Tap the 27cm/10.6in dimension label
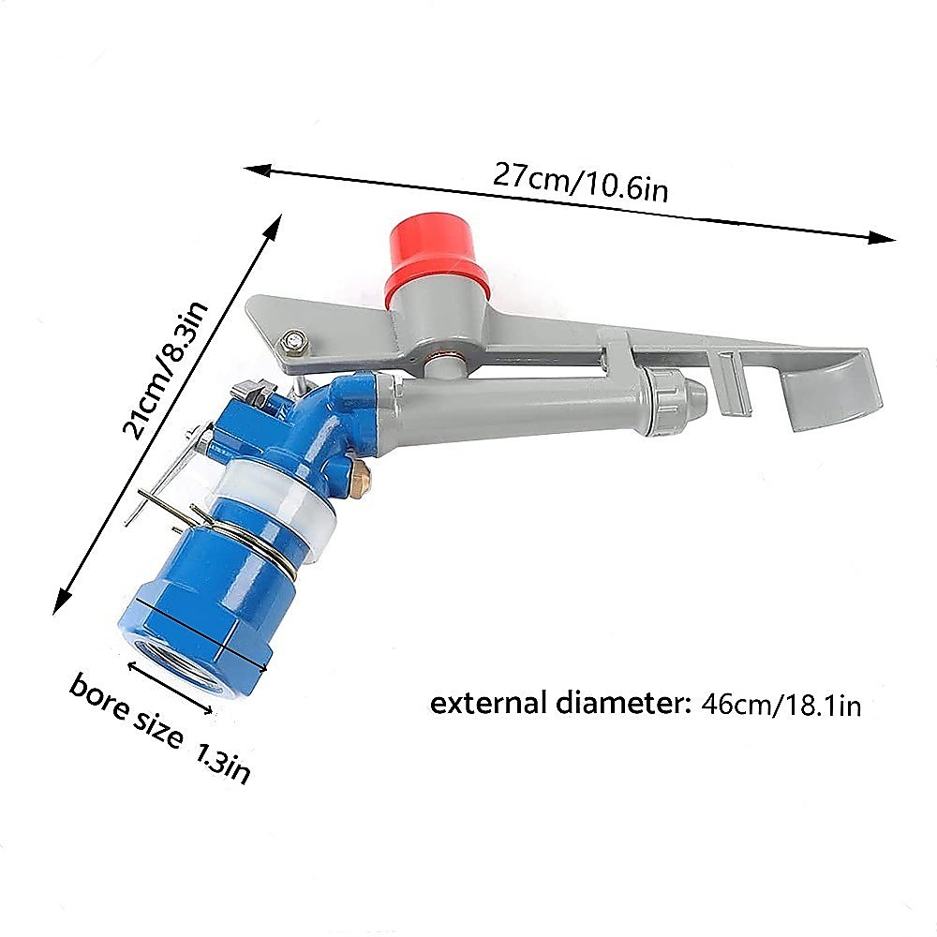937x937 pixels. pos(580,182)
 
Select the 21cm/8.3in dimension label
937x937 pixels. pos(165,370)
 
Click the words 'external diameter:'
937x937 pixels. pos(560,703)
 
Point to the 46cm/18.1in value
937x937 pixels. pos(781,706)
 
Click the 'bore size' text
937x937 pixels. pos(126,710)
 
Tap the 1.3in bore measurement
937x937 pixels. pos(222,763)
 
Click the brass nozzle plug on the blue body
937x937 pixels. pos(360,471)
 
